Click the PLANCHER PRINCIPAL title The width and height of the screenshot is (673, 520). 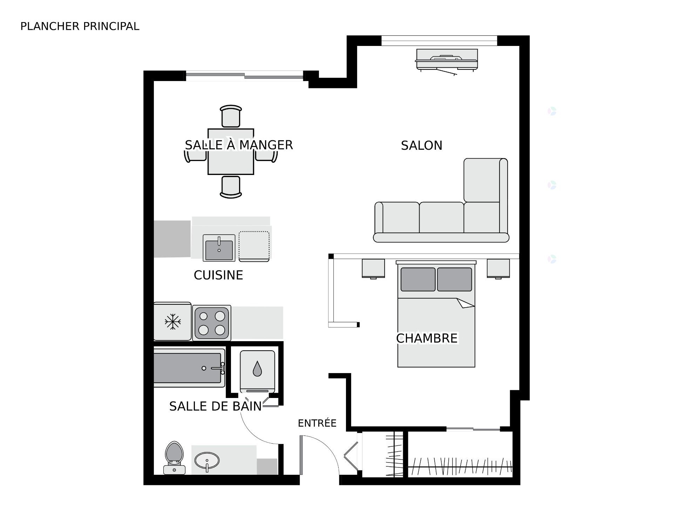pyautogui.click(x=80, y=26)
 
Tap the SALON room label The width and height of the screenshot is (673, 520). pyautogui.click(x=422, y=146)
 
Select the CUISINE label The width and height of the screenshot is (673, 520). pyautogui.click(x=218, y=275)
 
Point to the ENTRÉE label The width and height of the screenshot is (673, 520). pyautogui.click(x=317, y=423)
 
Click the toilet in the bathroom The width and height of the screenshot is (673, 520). pyautogui.click(x=175, y=458)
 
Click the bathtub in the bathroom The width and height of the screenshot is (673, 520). pyautogui.click(x=189, y=368)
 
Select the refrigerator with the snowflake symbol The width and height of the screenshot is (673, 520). pyautogui.click(x=172, y=321)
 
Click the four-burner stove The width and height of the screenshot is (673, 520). pyautogui.click(x=212, y=323)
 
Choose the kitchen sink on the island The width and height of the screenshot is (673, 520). pyautogui.click(x=219, y=248)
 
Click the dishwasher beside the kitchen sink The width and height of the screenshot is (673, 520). pyautogui.click(x=254, y=247)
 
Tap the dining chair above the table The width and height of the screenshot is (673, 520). pyautogui.click(x=231, y=116)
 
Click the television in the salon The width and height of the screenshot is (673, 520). pyautogui.click(x=447, y=62)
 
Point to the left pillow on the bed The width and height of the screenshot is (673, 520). pyautogui.click(x=418, y=279)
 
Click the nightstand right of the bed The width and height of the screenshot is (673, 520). pyautogui.click(x=498, y=269)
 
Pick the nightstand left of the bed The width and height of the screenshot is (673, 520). pyautogui.click(x=373, y=269)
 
